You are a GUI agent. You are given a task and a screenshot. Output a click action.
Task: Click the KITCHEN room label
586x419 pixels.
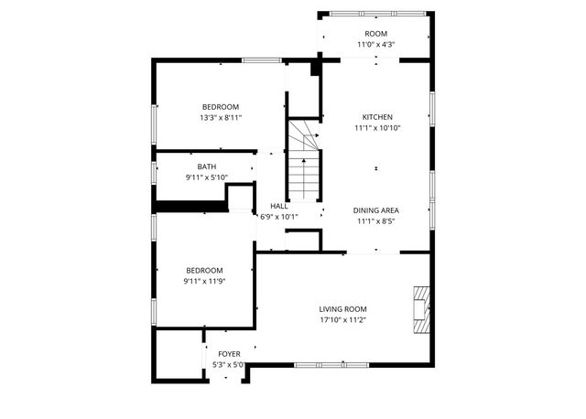pyautogui.click(x=377, y=117)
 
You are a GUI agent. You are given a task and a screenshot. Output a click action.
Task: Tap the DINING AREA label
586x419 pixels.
pyautogui.click(x=376, y=209)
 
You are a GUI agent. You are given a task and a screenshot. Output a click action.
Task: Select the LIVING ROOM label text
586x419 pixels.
pyautogui.click(x=343, y=309)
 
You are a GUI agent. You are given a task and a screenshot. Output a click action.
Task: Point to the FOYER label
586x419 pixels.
pyautogui.click(x=229, y=353)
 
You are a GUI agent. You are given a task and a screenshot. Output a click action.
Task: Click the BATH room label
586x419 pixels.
pyautogui.click(x=207, y=167)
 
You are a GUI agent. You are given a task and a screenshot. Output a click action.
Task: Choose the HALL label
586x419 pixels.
pyautogui.click(x=279, y=207)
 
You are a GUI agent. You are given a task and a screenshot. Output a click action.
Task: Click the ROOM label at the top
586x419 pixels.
pyautogui.click(x=375, y=34)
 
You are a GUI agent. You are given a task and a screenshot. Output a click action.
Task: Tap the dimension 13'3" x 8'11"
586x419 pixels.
pyautogui.click(x=220, y=118)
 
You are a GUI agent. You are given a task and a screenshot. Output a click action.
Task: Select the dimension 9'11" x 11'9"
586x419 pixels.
pyautogui.click(x=204, y=281)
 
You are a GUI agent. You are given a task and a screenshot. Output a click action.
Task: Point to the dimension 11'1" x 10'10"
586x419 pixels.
pyautogui.click(x=377, y=129)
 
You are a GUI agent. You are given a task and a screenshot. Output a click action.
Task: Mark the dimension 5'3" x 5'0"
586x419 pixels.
pyautogui.click(x=229, y=365)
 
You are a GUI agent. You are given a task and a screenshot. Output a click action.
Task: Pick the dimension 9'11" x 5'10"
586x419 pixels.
pyautogui.click(x=207, y=177)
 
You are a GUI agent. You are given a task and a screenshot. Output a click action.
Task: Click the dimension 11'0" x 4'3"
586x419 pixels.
pyautogui.click(x=375, y=45)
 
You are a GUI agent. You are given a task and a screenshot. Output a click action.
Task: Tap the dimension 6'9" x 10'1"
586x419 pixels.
pyautogui.click(x=279, y=218)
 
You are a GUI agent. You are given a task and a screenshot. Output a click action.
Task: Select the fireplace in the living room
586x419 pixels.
pyautogui.click(x=419, y=309)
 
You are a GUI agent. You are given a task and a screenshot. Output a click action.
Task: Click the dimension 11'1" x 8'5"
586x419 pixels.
pyautogui.click(x=376, y=221)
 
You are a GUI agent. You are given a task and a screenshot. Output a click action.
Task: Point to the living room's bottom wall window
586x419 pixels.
pyautogui.click(x=320, y=365)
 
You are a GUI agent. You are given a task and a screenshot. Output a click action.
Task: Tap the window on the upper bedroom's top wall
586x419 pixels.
pyautogui.click(x=261, y=60)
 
